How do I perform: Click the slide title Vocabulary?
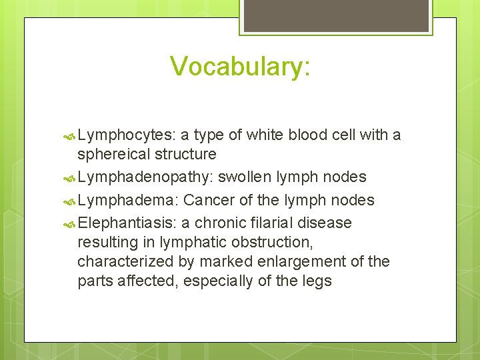(x=240, y=67)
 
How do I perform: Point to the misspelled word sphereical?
(x=113, y=154)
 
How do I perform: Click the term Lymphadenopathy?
(x=145, y=177)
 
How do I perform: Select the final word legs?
(x=317, y=281)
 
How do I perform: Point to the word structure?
(x=185, y=154)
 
